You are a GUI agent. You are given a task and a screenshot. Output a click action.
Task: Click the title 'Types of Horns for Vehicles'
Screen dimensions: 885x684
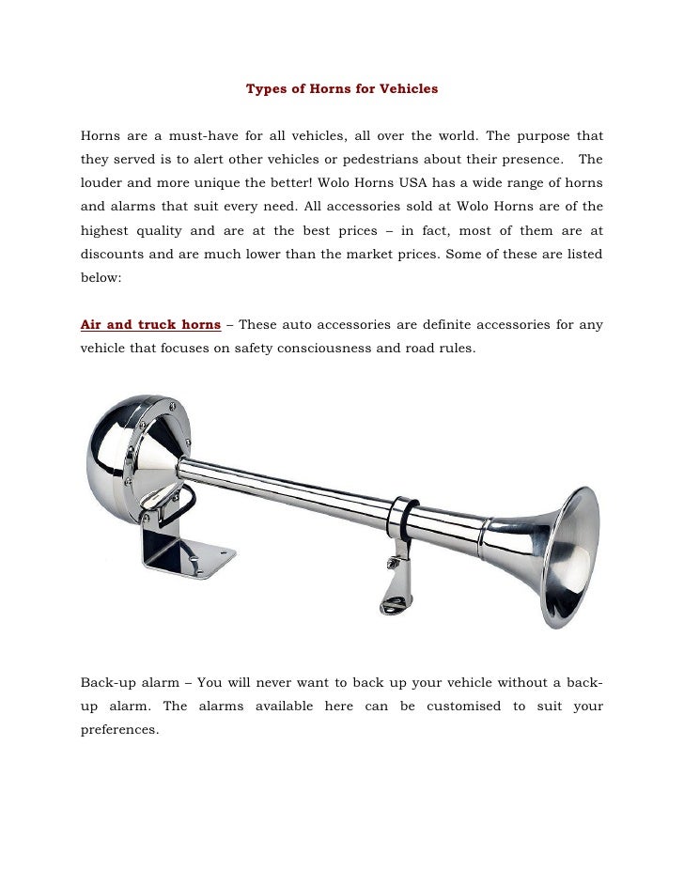point(342,89)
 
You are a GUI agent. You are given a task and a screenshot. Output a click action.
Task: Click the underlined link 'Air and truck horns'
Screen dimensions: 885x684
point(150,326)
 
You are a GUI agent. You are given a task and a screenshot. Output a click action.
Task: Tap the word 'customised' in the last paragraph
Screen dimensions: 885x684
point(463,706)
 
